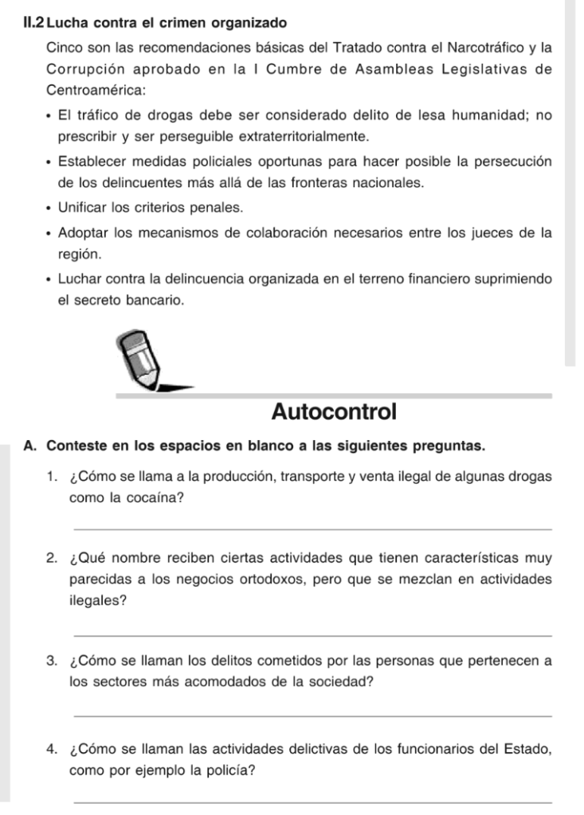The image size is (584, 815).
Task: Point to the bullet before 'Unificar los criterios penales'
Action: pos(49,209)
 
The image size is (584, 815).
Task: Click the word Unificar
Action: pos(84,208)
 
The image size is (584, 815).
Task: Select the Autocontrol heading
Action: pos(333,412)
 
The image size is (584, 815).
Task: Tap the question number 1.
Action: pos(51,477)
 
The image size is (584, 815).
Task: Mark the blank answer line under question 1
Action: pos(312,529)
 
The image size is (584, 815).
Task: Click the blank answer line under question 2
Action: pos(312,635)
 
